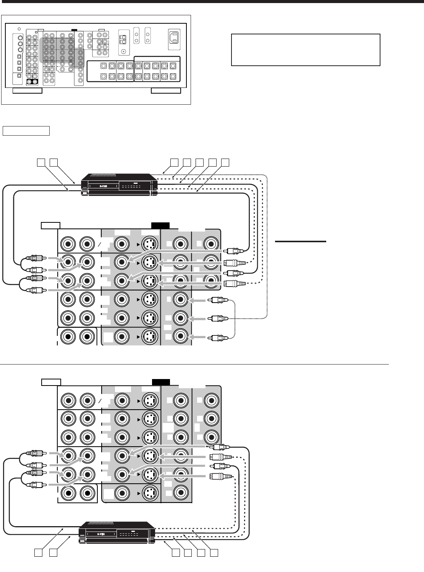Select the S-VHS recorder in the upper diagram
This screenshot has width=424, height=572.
tap(119, 185)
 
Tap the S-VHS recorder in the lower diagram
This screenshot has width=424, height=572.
tap(117, 532)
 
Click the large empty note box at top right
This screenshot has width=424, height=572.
tap(306, 50)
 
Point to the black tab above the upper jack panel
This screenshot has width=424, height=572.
tap(160, 225)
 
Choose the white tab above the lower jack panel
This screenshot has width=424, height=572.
tap(51, 382)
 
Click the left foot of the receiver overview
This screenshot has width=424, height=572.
tap(27, 91)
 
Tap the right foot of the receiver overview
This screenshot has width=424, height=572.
tap(166, 91)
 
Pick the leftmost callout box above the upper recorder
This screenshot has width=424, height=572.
tap(40, 162)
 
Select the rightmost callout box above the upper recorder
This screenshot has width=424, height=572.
tap(225, 162)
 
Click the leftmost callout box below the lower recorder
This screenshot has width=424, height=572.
tap(38, 553)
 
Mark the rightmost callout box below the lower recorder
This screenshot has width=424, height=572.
tap(214, 553)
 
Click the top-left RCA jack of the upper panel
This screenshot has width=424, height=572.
tap(69, 243)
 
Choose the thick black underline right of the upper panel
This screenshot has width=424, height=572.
tap(300, 241)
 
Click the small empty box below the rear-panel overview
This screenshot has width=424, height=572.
tap(26, 131)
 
